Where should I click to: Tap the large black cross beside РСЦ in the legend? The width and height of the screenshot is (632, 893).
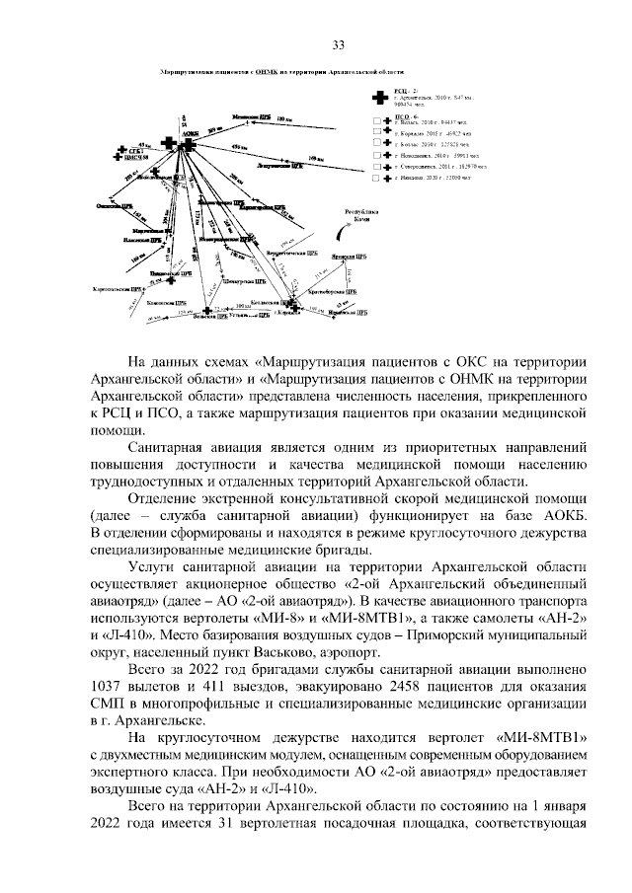click(377, 98)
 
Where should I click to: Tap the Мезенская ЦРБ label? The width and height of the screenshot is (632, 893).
click(251, 116)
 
